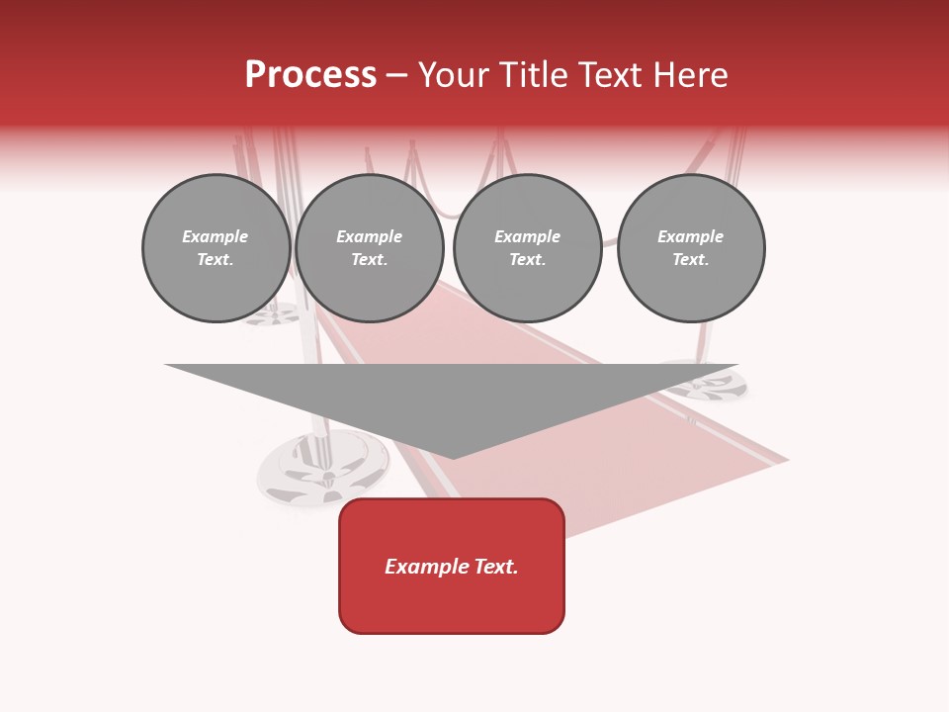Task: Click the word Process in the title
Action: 310,75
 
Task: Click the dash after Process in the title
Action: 396,76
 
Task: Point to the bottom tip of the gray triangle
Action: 453,457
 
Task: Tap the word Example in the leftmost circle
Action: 216,236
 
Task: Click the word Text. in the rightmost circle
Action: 691,260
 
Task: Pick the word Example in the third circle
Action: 527,236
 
